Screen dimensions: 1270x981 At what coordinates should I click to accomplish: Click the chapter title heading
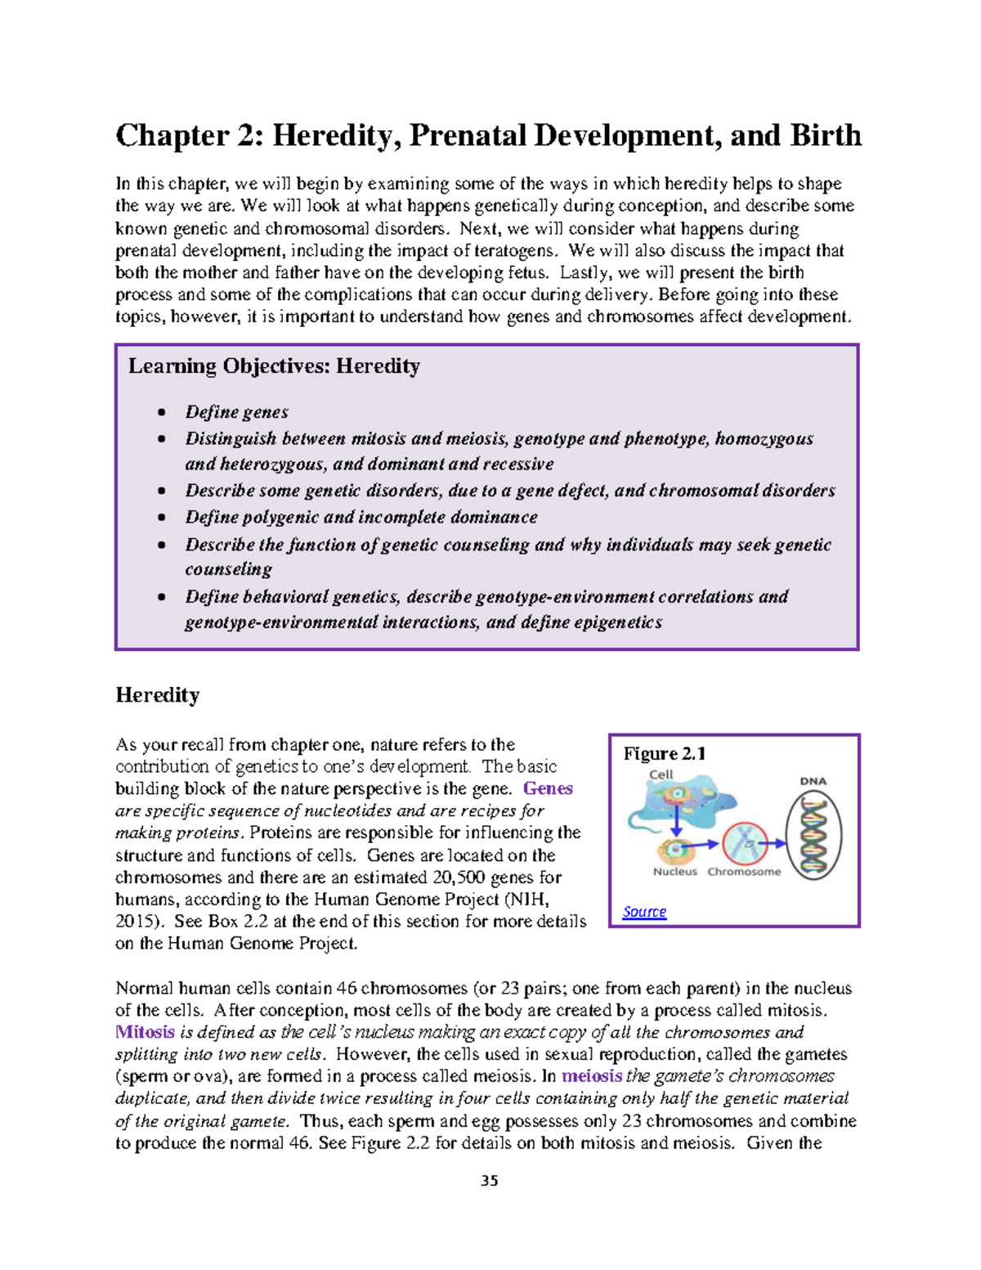click(x=488, y=136)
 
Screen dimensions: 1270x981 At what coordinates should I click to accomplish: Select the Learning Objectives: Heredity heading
click(x=274, y=366)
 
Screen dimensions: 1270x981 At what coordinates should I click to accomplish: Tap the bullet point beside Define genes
click(x=163, y=413)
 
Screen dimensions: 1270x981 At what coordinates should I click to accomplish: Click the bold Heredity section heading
click(x=157, y=695)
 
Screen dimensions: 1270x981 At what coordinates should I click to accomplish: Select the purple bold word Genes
click(x=548, y=788)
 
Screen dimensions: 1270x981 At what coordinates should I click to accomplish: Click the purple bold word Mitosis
click(x=145, y=1032)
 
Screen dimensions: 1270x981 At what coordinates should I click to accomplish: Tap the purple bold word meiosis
click(x=592, y=1076)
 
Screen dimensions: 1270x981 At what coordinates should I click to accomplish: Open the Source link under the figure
click(x=644, y=912)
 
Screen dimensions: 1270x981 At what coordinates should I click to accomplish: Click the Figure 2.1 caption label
click(x=664, y=754)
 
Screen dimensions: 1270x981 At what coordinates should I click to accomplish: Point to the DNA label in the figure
click(x=813, y=781)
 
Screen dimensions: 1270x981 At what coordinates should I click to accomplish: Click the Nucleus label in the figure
click(x=675, y=872)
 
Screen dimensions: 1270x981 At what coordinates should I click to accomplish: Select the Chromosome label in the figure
click(x=744, y=872)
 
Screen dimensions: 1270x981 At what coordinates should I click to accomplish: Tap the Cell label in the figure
click(x=661, y=774)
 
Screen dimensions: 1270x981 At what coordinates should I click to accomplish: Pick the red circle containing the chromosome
click(x=745, y=844)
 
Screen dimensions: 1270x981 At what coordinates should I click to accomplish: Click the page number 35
click(x=490, y=1181)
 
